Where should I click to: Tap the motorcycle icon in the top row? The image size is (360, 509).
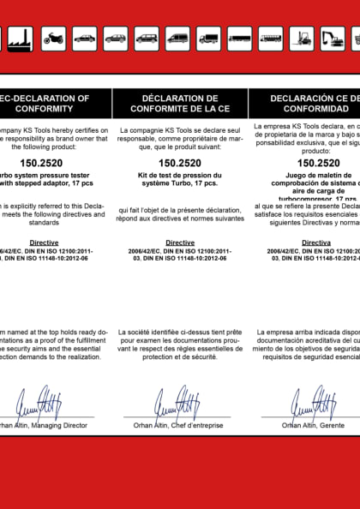pos(53,38)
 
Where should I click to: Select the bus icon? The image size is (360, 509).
pos(270,38)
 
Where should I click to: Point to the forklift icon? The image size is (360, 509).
pos(302,38)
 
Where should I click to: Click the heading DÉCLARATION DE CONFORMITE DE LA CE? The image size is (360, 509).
pos(179,104)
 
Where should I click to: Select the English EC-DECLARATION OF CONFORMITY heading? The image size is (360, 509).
pos(47,104)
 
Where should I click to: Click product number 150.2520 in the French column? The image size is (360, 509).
pos(180,162)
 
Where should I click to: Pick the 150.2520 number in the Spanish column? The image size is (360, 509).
pos(318,162)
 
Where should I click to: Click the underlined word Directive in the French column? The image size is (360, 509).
pos(180,243)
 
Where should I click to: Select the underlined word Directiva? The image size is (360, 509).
pos(316,243)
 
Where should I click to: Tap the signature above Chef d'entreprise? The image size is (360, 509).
pos(177,403)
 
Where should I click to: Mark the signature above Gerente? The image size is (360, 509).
pos(309,403)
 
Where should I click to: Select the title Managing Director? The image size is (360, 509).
pos(58,425)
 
